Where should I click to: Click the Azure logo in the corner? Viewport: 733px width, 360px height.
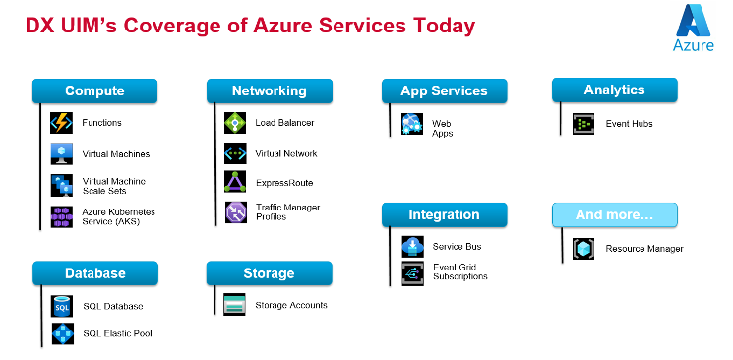coord(693,27)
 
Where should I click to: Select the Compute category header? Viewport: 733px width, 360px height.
coord(94,91)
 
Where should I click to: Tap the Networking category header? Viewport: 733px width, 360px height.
coord(269,91)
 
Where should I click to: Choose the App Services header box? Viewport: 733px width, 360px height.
coord(444,91)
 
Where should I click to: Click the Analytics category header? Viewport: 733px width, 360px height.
coord(614,90)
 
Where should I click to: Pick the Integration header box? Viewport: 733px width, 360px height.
coord(444,214)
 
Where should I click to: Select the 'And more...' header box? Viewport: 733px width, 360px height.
coord(614,214)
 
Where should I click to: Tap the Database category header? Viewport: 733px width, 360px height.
coord(94,272)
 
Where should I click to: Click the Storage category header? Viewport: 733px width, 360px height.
coord(269,272)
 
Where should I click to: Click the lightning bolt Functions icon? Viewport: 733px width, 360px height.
coord(62,123)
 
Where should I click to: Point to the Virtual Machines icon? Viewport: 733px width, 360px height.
coord(62,154)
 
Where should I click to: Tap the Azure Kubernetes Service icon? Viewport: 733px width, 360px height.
coord(62,215)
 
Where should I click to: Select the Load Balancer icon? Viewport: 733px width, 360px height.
coord(236,123)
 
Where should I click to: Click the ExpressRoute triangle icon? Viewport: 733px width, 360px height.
coord(236,182)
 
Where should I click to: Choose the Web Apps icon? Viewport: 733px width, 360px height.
coord(411,124)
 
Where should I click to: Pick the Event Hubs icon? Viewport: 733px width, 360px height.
coord(583,124)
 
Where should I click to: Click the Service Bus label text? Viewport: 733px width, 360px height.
coord(458,246)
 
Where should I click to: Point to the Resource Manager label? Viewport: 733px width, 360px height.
coord(643,249)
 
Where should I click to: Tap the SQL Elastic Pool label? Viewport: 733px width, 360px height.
coord(117,333)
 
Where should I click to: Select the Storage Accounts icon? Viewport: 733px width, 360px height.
coord(234,304)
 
